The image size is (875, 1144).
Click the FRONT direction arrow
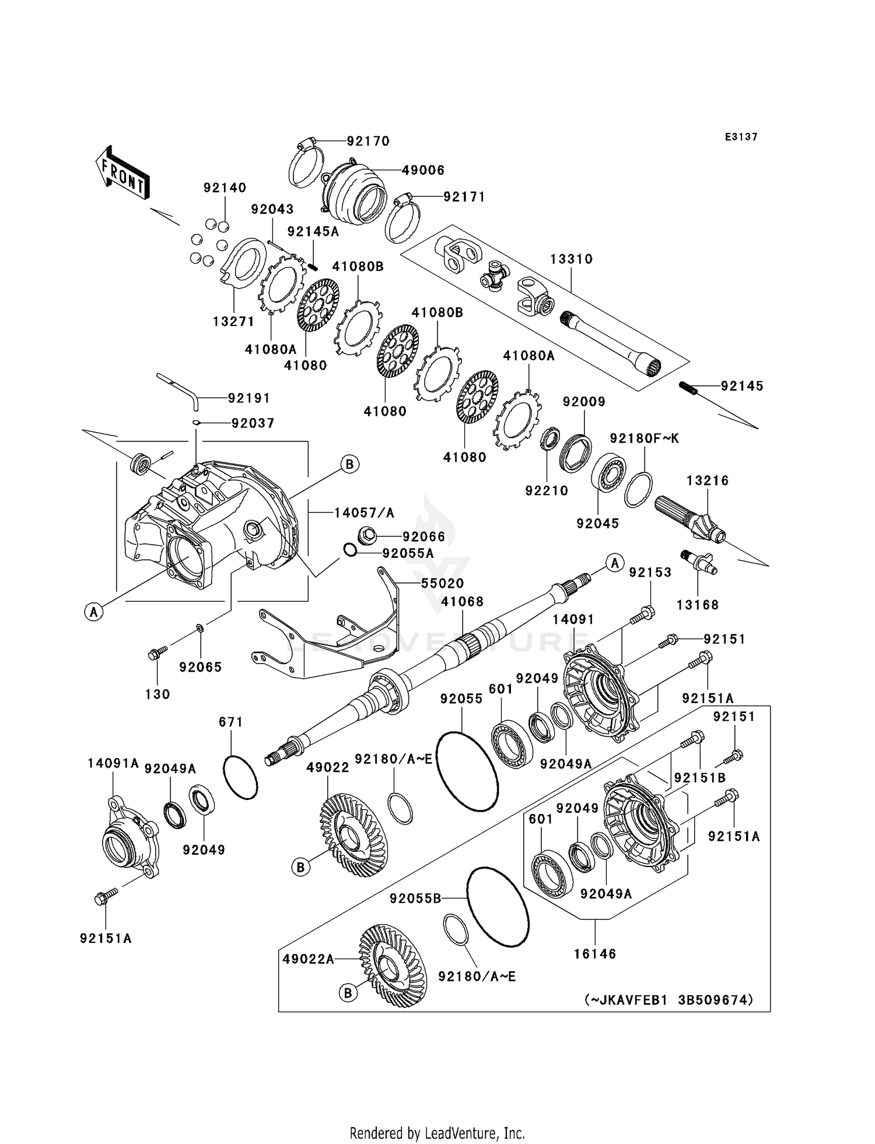[x=123, y=174]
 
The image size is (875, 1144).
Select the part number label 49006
[x=423, y=170]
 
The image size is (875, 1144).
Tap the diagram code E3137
[x=741, y=137]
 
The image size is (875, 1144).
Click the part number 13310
[x=571, y=259]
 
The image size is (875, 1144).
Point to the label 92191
[x=249, y=398]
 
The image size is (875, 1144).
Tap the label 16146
[x=595, y=954]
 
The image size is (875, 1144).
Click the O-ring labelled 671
[x=240, y=777]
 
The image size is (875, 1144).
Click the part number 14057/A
[x=364, y=513]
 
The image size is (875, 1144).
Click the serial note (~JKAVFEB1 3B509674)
[x=668, y=999]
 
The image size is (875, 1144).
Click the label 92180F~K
[x=645, y=438]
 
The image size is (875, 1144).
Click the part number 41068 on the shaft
[x=462, y=602]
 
